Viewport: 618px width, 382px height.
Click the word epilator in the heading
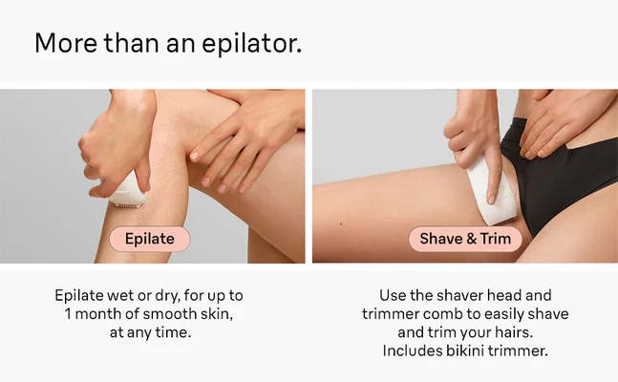click(x=246, y=44)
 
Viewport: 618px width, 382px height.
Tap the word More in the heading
click(x=63, y=44)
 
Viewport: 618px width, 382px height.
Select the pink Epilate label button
click(x=150, y=238)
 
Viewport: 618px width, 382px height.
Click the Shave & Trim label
click(x=465, y=238)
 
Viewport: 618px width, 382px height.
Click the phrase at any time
click(x=150, y=331)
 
